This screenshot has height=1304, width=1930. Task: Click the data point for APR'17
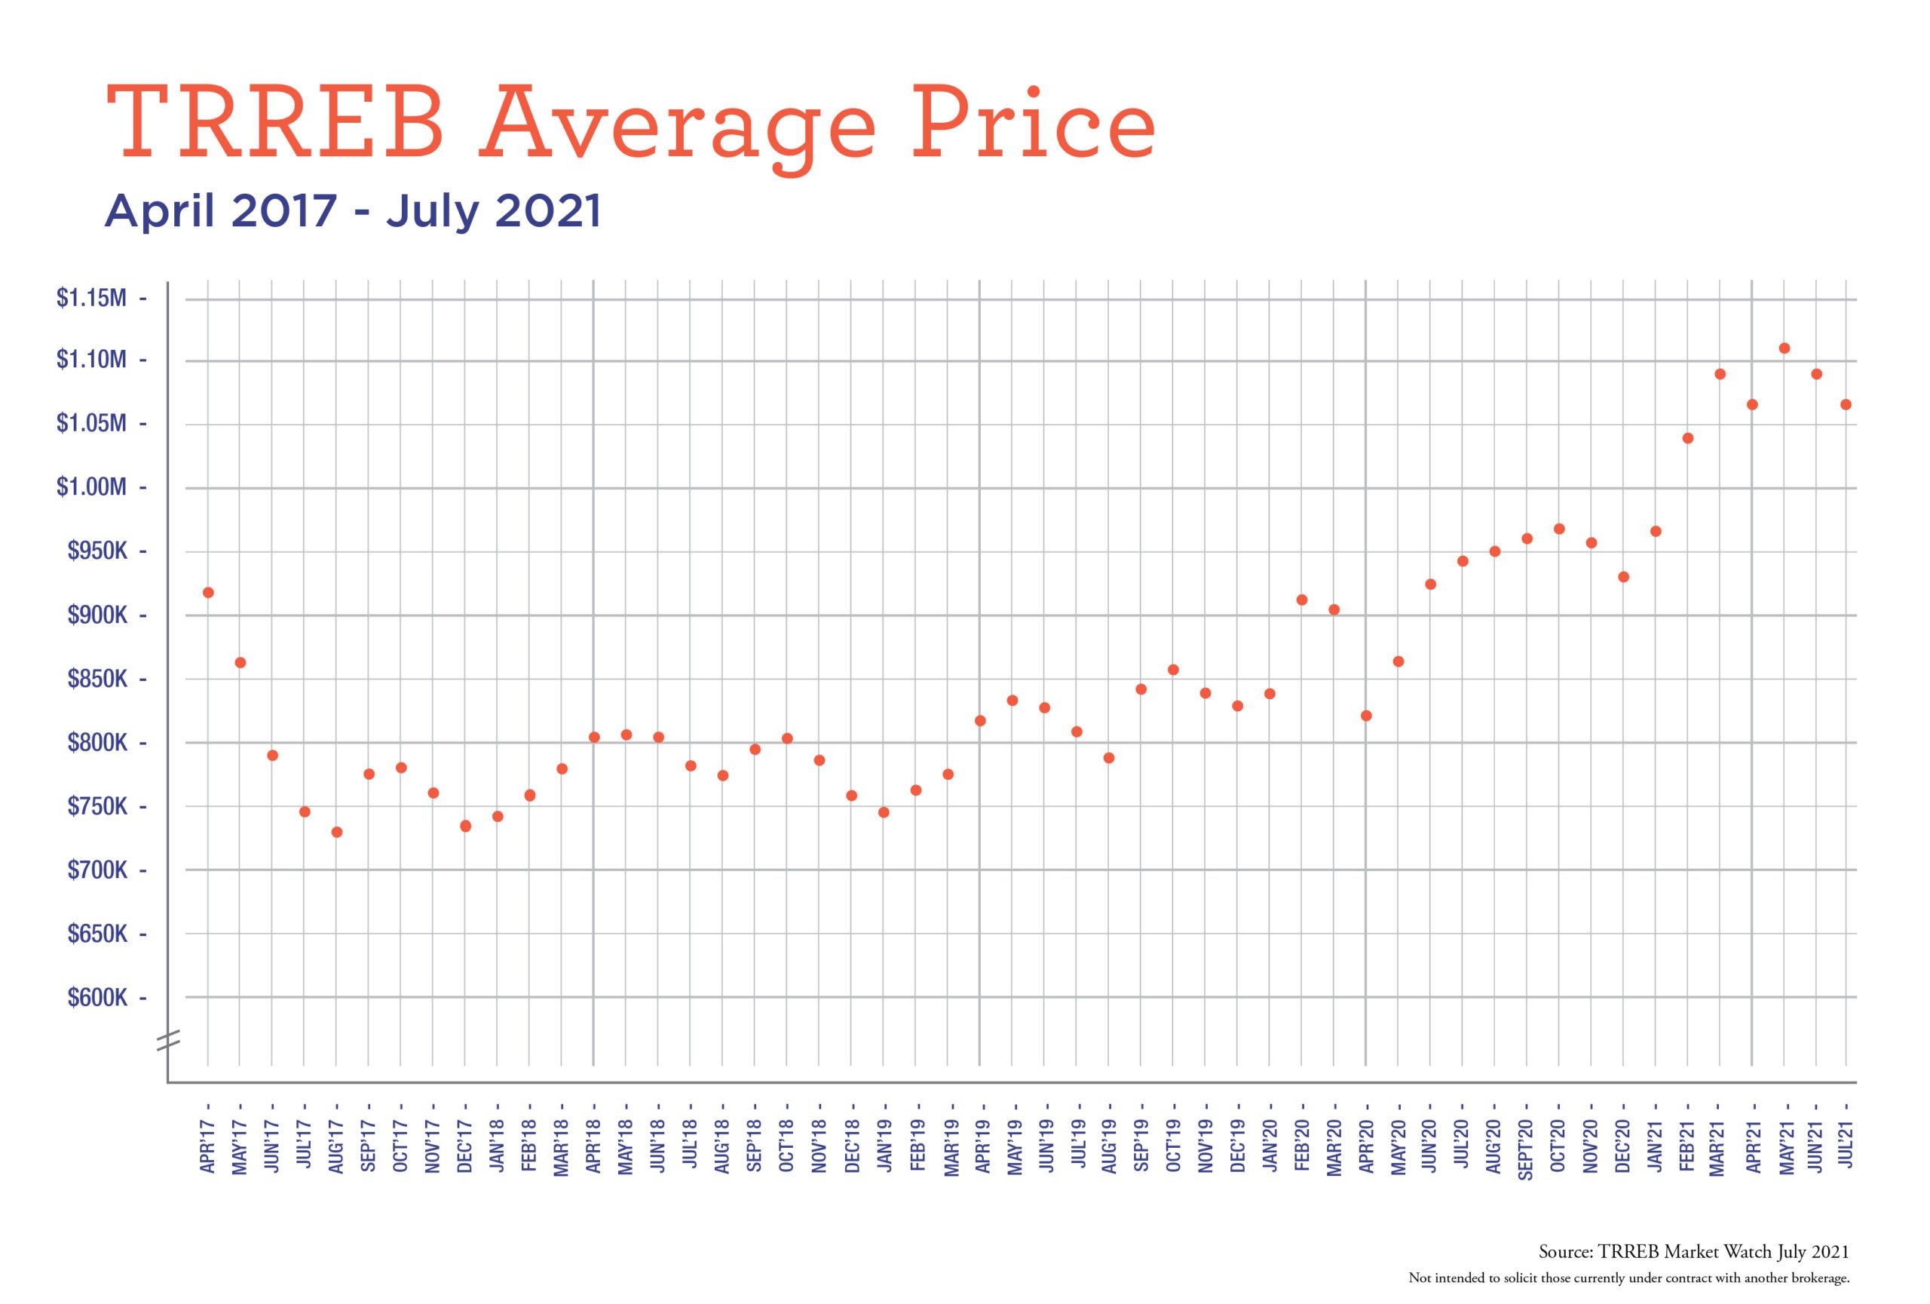click(207, 592)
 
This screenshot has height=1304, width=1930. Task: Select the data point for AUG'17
click(336, 831)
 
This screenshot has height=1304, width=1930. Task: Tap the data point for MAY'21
click(1784, 348)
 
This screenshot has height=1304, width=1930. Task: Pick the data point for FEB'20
click(1301, 600)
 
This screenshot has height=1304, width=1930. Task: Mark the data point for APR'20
click(1366, 715)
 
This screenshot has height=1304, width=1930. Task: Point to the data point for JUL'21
click(1846, 404)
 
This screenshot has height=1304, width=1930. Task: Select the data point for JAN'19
click(884, 812)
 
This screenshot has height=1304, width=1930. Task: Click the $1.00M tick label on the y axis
click(91, 486)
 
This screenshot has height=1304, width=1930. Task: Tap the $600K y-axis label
click(97, 998)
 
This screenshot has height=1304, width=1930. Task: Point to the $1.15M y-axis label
click(91, 297)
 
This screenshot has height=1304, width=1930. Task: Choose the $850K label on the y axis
click(97, 680)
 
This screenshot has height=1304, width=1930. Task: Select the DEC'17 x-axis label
click(465, 1146)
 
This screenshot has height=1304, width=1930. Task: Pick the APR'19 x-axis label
click(980, 1146)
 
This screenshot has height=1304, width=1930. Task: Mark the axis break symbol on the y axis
click(168, 1040)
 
